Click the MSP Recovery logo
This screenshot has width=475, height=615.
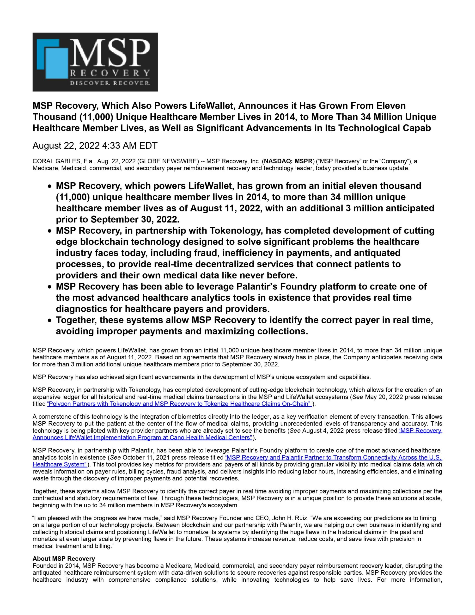click(95, 62)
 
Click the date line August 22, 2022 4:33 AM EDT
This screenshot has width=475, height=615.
click(95, 146)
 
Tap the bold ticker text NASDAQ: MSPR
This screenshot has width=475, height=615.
click(288, 161)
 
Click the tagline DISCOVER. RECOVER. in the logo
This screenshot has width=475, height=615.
click(110, 83)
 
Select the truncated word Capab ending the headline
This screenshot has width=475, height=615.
click(416, 128)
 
